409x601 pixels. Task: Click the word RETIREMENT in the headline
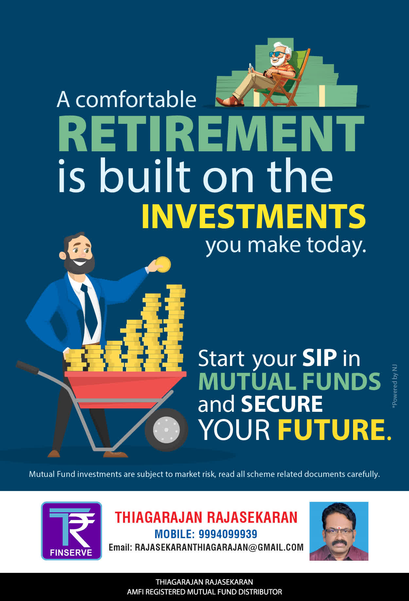tap(211, 134)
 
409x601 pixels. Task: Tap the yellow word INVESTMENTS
tap(254, 216)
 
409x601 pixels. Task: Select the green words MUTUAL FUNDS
tap(289, 381)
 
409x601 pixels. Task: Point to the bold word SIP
tap(319, 358)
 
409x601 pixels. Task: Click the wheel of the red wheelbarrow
tap(166, 429)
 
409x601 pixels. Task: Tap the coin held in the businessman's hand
tap(163, 264)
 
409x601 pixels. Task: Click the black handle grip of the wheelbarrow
tap(27, 367)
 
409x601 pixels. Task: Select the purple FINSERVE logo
tap(71, 531)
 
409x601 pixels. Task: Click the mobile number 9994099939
tap(228, 534)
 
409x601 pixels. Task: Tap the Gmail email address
tap(219, 547)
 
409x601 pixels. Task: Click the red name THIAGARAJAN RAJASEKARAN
tap(206, 518)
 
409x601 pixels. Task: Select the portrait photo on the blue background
tap(339, 531)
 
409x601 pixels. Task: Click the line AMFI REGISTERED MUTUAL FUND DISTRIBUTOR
tap(204, 592)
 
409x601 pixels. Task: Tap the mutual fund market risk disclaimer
tap(204, 474)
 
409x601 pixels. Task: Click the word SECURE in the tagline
tap(282, 404)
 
